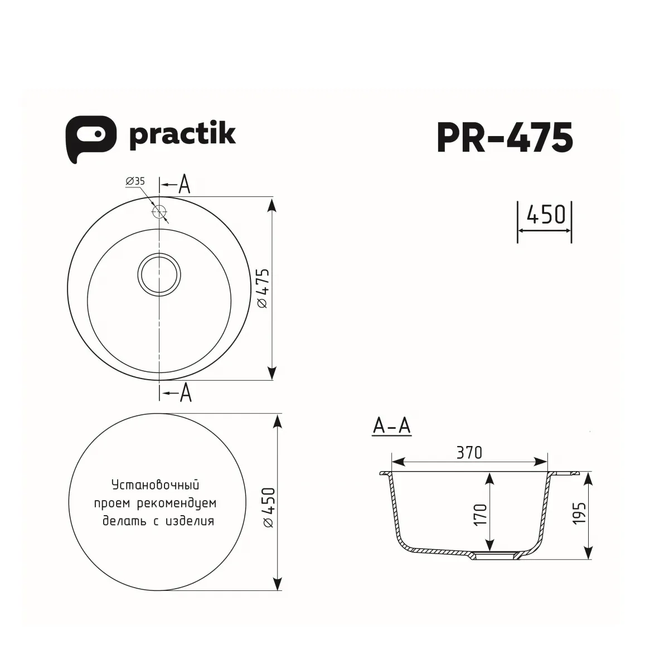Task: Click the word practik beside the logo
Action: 182,135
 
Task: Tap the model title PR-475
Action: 505,138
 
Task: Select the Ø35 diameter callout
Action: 135,181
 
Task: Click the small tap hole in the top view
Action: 159,212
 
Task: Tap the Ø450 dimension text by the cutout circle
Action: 268,507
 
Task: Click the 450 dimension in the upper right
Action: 545,214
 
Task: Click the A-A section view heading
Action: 391,426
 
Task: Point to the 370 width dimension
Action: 469,453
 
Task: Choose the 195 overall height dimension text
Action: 579,512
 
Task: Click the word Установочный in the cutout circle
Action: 155,484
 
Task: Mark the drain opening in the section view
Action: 493,556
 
